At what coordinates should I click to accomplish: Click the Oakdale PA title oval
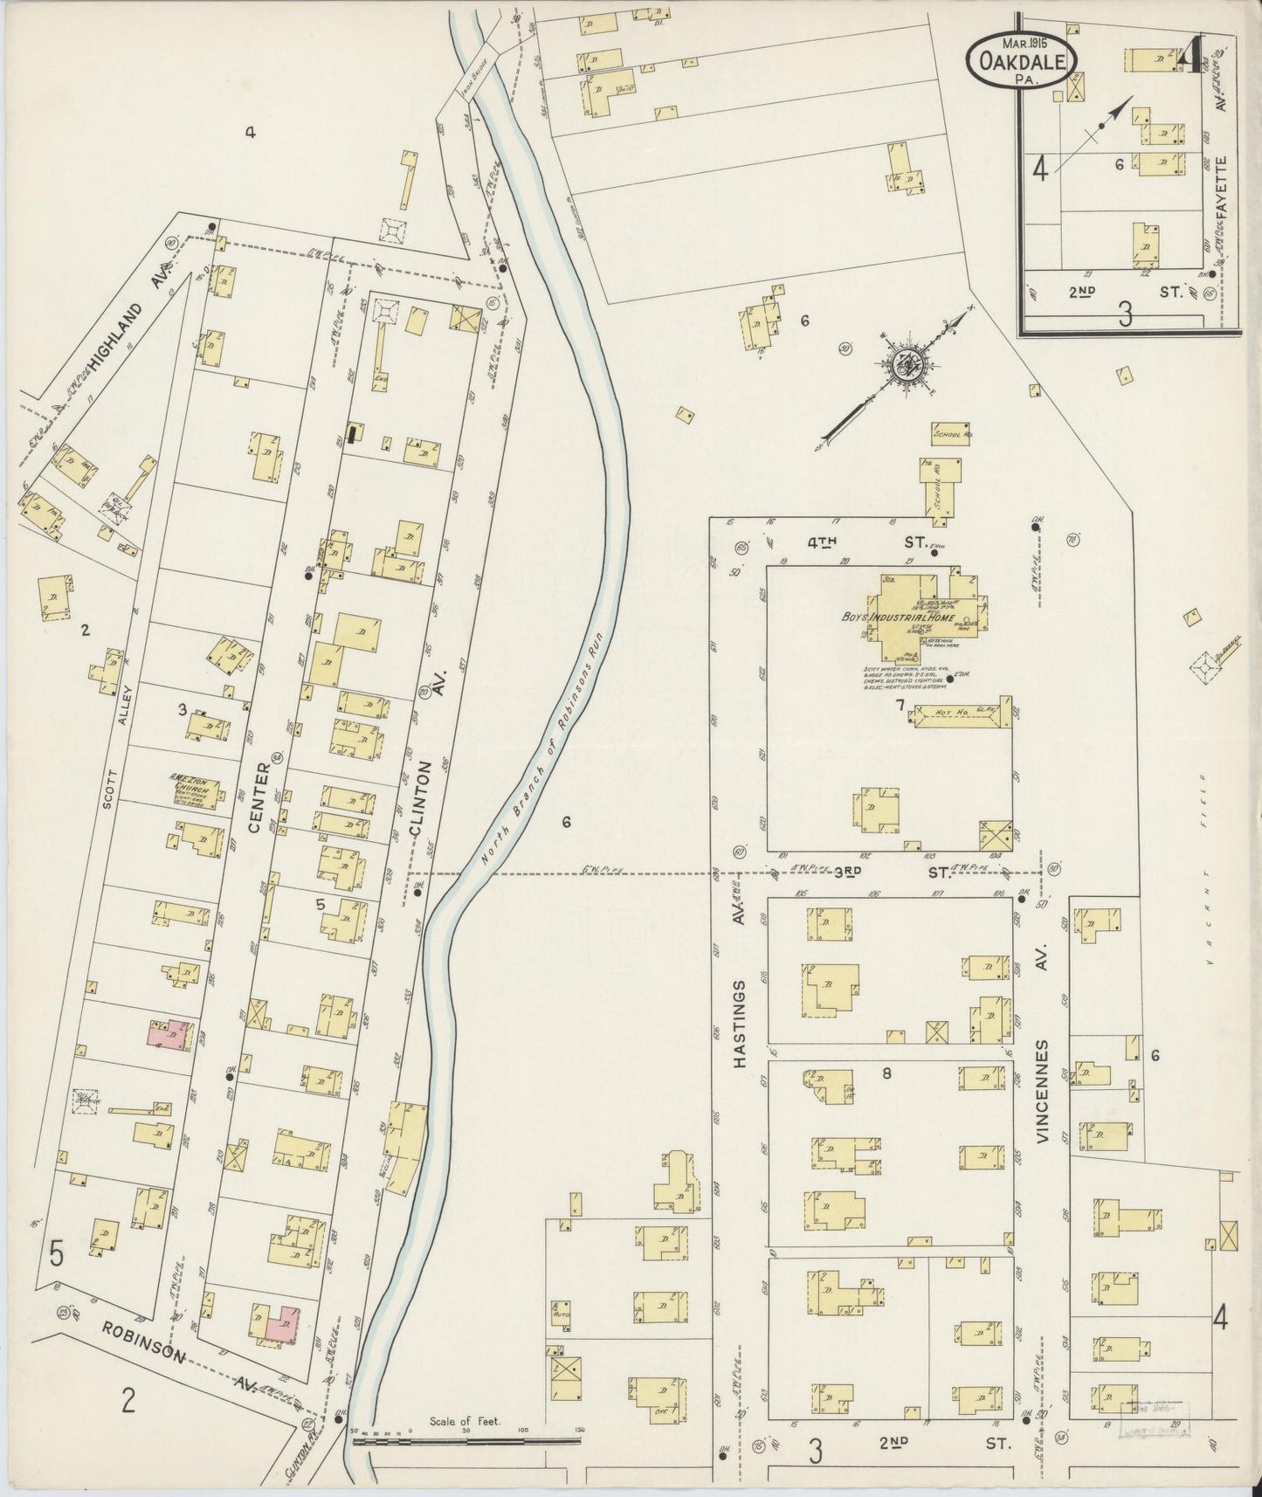(1021, 59)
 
